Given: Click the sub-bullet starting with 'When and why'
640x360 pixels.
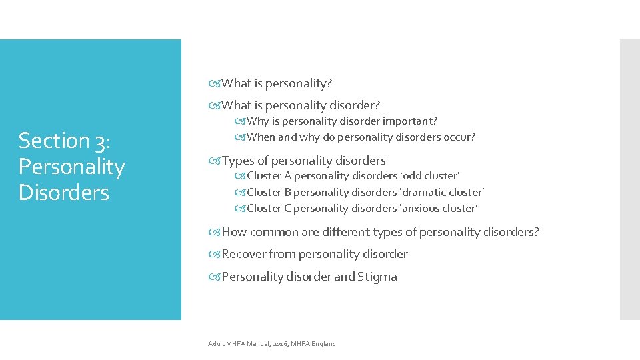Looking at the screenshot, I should (x=361, y=137).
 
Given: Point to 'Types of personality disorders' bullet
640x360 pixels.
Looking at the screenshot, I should (x=303, y=161).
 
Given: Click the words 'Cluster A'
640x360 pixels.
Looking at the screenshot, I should (x=269, y=176).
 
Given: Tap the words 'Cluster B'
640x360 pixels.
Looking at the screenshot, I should (x=269, y=193).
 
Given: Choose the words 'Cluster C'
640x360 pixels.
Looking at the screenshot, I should (x=269, y=209).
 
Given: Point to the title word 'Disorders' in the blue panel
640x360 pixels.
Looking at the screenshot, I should (x=64, y=192).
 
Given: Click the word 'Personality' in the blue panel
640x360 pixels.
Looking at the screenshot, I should (x=72, y=167).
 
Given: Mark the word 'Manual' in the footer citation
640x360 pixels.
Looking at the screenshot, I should (x=257, y=344).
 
